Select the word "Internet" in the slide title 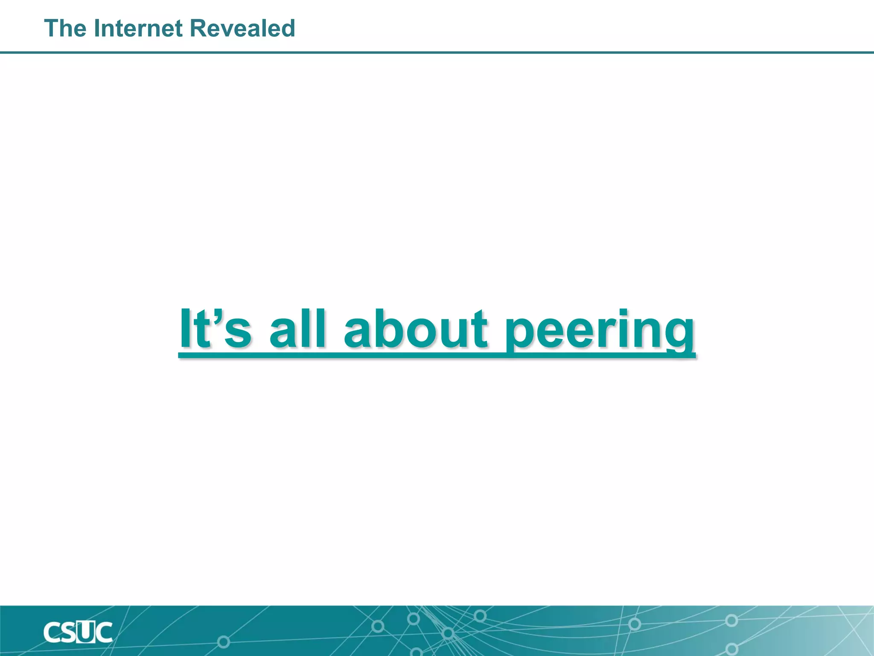pyautogui.click(x=139, y=29)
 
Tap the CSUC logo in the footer pyautogui.click(x=78, y=633)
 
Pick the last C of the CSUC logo pyautogui.click(x=104, y=633)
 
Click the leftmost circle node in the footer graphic pyautogui.click(x=223, y=641)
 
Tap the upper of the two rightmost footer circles pyautogui.click(x=731, y=620)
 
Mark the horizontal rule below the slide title pyautogui.click(x=437, y=53)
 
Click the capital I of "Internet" pyautogui.click(x=96, y=29)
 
